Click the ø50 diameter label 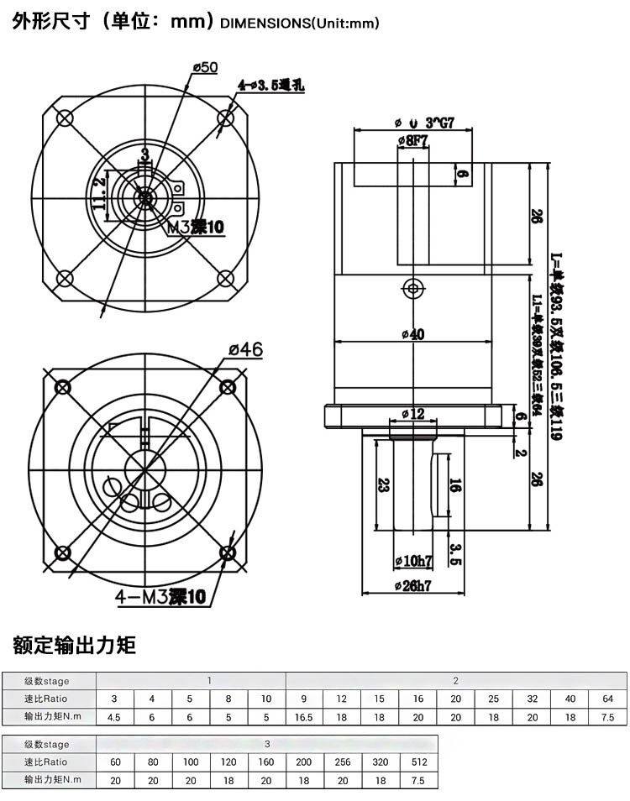205,67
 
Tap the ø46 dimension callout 246,348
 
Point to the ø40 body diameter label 412,334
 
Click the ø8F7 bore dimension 412,140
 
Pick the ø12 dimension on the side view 413,413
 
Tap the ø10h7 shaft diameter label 412,560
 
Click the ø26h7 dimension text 413,587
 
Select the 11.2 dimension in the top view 100,192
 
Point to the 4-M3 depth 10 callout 160,597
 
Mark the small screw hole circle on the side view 412,288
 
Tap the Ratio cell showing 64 607,699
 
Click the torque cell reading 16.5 304,717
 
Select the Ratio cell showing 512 420,762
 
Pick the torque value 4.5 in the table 115,717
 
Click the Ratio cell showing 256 343,762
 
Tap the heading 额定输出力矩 74,645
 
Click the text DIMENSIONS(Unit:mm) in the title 299,24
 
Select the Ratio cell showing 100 192,762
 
